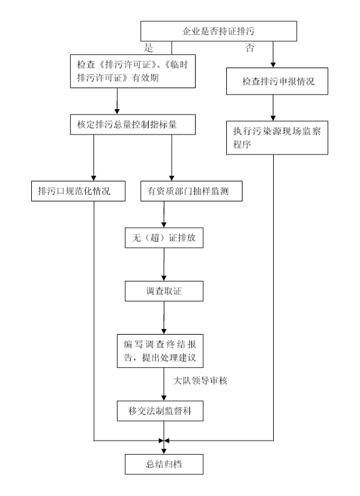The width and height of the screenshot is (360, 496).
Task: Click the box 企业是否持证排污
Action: (218, 31)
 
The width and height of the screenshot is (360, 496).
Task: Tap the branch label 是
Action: (148, 48)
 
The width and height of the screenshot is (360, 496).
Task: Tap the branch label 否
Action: (249, 48)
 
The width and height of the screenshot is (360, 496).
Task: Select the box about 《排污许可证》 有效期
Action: (132, 71)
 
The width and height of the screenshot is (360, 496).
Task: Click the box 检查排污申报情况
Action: (277, 81)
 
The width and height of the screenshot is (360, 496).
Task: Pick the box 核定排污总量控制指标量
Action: (132, 124)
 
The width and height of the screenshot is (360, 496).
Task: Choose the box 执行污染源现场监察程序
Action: (277, 138)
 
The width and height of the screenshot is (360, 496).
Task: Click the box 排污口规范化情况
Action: (78, 191)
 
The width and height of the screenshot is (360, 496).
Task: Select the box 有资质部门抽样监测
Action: (191, 191)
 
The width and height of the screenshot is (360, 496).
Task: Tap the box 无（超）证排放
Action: (164, 238)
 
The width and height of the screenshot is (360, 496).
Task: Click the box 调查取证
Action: (164, 291)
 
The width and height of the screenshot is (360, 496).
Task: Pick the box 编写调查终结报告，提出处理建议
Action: (160, 351)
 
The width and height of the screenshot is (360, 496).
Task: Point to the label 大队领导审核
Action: (200, 380)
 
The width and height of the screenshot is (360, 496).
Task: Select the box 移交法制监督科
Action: (160, 411)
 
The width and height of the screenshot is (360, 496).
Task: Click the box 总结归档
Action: (164, 464)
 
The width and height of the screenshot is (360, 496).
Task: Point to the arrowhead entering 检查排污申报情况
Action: (273, 65)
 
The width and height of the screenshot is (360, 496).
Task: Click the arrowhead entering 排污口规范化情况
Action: (94, 178)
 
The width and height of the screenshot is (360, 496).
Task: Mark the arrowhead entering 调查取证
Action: (164, 278)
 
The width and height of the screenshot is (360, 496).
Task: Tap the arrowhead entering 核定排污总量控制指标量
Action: (117, 112)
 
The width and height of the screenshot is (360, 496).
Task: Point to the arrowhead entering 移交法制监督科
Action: (164, 398)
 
